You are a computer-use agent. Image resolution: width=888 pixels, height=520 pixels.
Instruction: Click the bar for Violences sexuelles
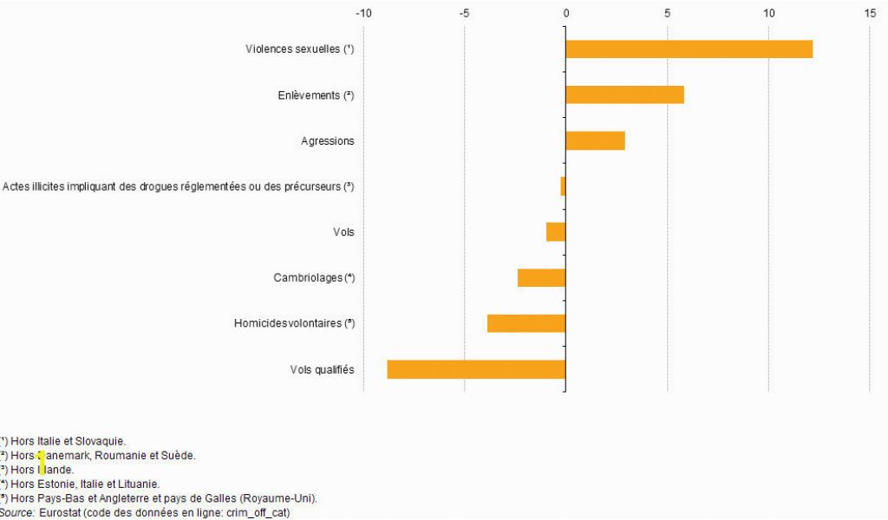point(689,49)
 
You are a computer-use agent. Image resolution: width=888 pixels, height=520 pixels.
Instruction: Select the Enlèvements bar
point(624,94)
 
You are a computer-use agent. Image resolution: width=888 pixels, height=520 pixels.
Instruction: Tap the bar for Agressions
point(595,140)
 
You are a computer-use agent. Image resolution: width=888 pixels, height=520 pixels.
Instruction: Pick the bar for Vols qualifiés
point(476,369)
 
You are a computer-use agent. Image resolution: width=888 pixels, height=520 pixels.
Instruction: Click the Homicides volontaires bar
point(526,323)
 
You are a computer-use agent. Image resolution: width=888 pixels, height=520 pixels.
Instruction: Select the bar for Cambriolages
point(541,277)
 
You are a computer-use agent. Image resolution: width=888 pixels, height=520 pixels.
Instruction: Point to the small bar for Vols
point(556,232)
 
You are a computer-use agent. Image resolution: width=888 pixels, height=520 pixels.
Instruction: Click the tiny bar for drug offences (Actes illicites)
point(563,186)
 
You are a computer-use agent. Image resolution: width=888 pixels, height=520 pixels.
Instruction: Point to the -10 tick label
point(364,13)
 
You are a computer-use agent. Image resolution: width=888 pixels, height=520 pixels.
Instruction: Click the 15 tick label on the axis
point(870,13)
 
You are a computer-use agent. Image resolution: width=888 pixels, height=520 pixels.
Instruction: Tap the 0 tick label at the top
point(566,13)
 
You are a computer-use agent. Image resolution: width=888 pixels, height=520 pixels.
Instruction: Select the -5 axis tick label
point(465,13)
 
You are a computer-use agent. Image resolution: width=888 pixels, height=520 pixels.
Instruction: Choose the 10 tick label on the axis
point(768,13)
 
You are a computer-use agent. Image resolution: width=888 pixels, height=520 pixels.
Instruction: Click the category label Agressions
point(328,140)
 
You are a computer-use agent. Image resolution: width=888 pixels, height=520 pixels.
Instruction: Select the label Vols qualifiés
point(323,369)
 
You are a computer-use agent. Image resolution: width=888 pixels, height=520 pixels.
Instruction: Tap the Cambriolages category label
point(314,277)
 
